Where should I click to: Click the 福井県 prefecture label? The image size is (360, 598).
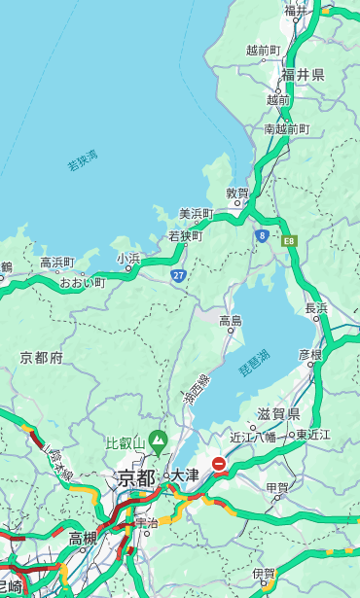303,75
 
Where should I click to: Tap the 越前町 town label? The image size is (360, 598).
263,50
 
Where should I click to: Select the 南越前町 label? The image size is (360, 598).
286,128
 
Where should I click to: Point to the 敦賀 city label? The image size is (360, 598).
237,193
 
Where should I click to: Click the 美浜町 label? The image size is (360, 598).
196,213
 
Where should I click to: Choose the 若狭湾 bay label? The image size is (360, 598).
83,160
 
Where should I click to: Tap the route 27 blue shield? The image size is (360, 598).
179,276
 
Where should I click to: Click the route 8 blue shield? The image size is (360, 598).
262,235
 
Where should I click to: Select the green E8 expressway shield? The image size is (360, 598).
289,239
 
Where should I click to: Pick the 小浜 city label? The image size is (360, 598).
128,258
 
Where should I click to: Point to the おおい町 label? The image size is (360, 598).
82,282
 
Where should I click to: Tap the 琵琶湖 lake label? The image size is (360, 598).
254,364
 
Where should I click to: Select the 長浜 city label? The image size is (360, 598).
316,308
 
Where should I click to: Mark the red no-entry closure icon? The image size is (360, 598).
220,465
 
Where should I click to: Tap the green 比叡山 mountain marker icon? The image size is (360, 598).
158,446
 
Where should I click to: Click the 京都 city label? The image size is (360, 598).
136,477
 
